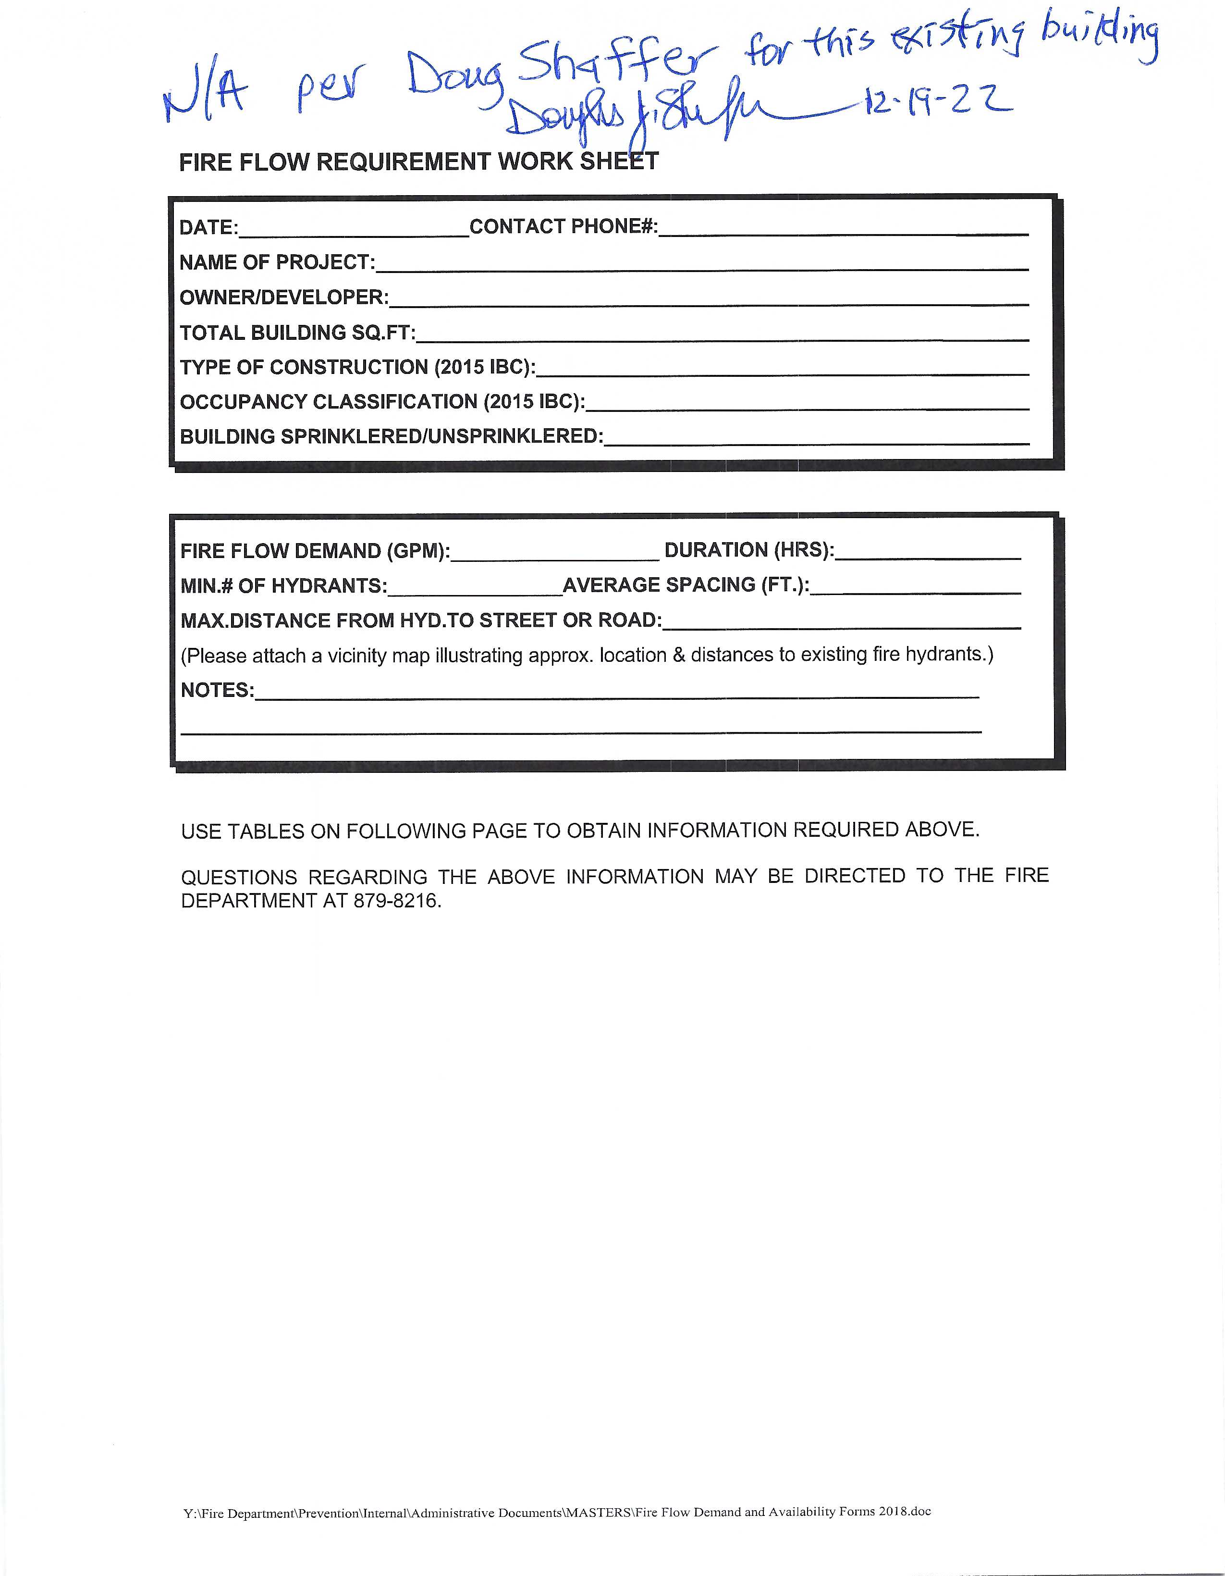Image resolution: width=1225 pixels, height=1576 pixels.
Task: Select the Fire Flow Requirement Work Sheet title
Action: [418, 161]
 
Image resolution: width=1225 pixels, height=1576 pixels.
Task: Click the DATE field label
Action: [208, 228]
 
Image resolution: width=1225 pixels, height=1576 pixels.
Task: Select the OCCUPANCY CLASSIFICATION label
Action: [382, 402]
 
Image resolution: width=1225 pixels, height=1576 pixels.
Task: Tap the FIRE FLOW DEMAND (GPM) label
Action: [315, 551]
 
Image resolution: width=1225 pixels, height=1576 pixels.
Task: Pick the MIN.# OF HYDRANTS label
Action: [283, 586]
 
